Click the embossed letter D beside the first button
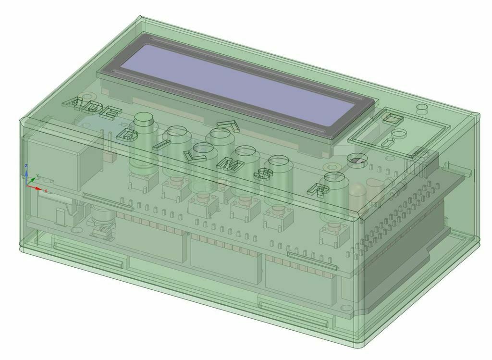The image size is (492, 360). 128,136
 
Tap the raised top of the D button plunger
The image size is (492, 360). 143,120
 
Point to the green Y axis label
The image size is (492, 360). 37,176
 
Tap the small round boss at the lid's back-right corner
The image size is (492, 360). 421,107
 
